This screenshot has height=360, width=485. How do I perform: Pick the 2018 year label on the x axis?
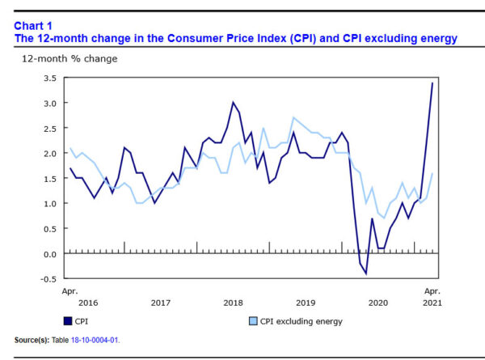(233, 303)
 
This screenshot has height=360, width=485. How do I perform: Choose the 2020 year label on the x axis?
(378, 303)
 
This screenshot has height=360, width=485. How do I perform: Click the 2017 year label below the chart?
(160, 303)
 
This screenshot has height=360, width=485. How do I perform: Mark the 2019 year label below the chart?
(306, 303)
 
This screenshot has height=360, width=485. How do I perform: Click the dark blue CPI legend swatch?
(68, 321)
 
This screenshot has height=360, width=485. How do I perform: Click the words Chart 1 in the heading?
(32, 24)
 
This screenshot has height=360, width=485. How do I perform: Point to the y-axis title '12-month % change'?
(69, 58)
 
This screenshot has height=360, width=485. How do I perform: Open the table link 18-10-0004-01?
(96, 340)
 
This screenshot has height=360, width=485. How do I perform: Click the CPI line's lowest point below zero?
(365, 273)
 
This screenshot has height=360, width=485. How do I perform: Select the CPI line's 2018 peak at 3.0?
(234, 103)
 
